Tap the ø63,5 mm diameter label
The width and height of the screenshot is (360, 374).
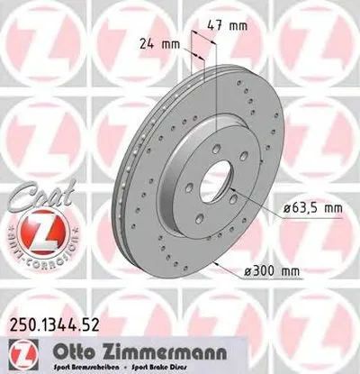(x=311, y=209)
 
